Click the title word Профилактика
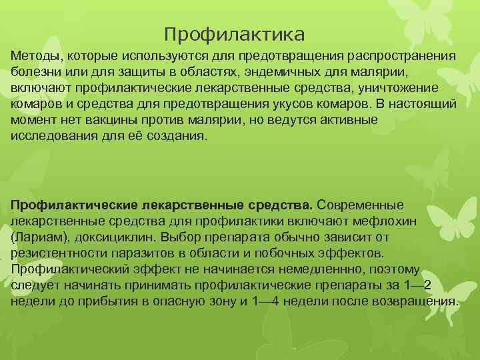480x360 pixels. point(234,33)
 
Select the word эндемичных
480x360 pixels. point(261,73)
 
